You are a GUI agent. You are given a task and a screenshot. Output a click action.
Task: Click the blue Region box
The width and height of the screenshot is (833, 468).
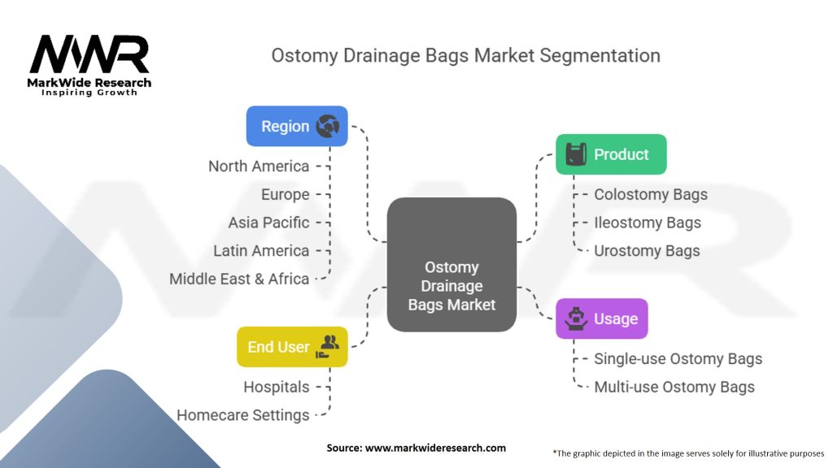coord(296,126)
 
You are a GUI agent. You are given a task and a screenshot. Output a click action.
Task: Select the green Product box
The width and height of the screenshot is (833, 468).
coord(610,154)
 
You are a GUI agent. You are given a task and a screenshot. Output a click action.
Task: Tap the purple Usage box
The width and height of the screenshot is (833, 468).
coord(602,318)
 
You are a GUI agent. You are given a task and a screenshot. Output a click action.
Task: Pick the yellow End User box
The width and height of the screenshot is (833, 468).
coord(292,347)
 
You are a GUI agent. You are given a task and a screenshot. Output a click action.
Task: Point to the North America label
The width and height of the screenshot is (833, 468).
coord(259,167)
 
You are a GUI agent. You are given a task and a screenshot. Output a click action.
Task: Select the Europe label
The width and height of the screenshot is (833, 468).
coord(285,194)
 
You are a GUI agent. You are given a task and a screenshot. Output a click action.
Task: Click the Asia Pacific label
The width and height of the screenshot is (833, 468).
coord(268,223)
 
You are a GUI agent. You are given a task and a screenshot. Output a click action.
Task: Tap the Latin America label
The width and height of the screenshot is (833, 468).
coord(261,251)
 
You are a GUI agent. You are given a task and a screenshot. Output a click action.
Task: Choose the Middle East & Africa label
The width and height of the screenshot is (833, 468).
coord(239,279)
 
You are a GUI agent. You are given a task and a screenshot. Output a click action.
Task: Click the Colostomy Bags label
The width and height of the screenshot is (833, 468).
coord(651,194)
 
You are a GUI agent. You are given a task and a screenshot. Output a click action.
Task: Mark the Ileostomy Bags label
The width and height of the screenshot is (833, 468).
coord(648,223)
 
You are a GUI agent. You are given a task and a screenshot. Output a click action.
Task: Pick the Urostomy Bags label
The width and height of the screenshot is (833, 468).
coord(647,250)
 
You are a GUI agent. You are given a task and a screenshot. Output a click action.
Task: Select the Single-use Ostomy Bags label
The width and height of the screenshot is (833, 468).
coord(678,358)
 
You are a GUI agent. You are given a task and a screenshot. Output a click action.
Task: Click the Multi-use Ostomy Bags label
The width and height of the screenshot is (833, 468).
coord(674,387)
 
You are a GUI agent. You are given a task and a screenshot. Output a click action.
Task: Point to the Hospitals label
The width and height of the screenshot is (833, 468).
coord(277,387)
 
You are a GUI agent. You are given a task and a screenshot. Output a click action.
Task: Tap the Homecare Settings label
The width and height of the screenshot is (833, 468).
coord(243,415)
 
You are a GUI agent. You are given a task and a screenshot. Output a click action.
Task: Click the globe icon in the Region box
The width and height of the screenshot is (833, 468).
coord(328,126)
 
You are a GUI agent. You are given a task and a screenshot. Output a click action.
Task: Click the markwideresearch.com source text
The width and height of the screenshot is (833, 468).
coord(416,448)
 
